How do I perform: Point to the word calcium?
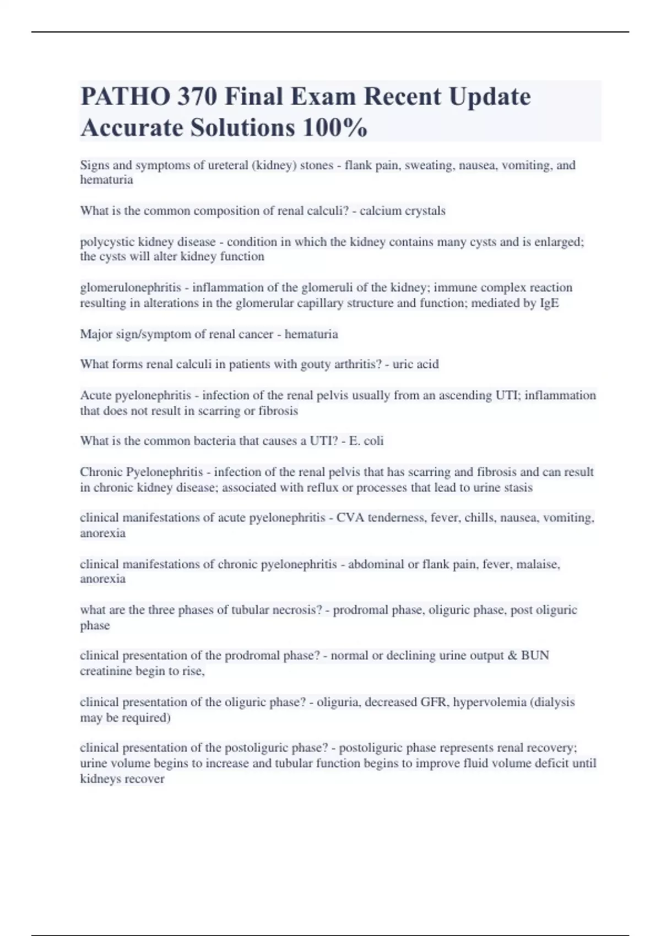coord(380,211)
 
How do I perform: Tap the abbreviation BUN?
coord(535,656)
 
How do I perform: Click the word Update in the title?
coord(489,97)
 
